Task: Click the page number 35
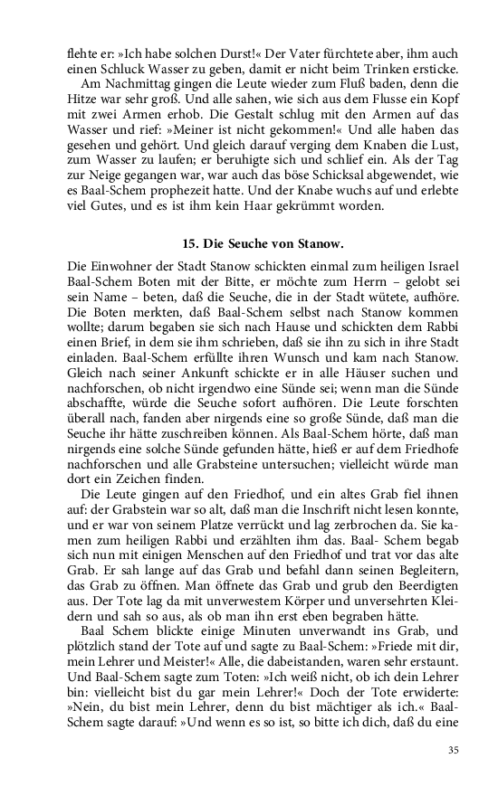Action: [454, 750]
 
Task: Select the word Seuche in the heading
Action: [252, 243]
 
